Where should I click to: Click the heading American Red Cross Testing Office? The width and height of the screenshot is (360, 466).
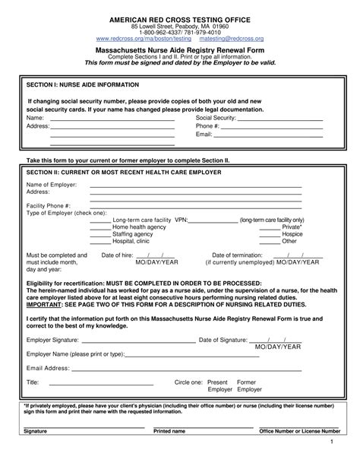179,17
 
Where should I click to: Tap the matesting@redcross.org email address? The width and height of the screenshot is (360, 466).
231,38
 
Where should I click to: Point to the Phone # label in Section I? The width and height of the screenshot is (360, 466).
207,126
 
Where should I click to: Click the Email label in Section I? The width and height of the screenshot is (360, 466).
204,135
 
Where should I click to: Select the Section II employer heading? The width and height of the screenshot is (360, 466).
124,173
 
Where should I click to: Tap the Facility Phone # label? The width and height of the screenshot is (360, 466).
49,206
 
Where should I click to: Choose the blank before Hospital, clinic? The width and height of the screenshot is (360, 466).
99,243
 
